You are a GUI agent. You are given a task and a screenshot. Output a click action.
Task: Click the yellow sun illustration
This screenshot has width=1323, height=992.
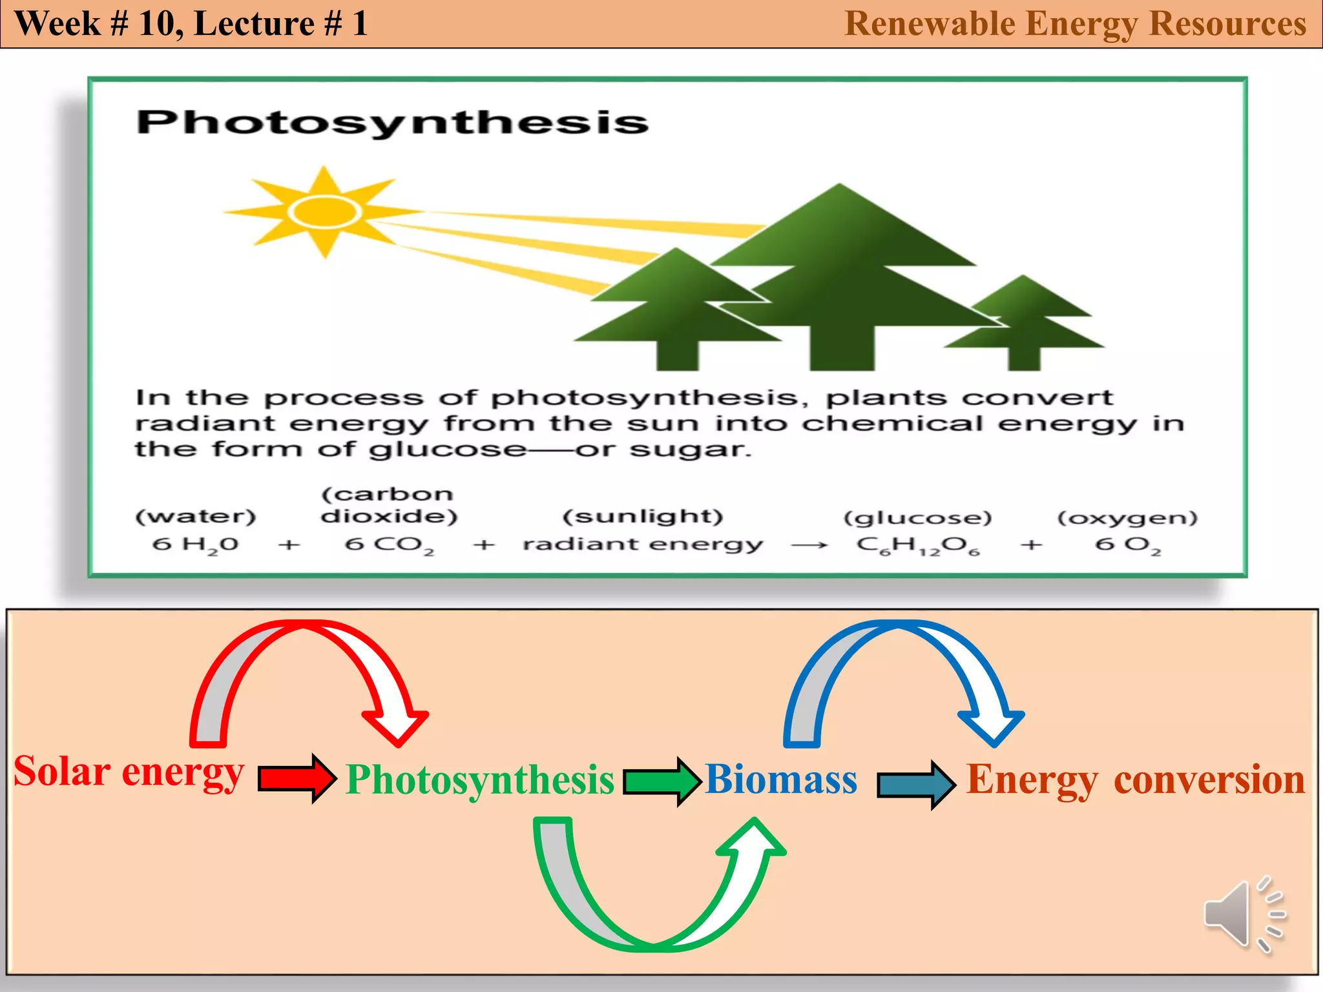pyautogui.click(x=323, y=212)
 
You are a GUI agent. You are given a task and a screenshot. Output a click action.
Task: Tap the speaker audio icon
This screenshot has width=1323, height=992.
pyautogui.click(x=1244, y=914)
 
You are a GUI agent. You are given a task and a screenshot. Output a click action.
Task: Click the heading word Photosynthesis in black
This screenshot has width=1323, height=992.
pyautogui.click(x=392, y=122)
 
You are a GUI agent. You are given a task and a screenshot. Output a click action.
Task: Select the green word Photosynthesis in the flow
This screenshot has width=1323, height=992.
pyautogui.click(x=479, y=780)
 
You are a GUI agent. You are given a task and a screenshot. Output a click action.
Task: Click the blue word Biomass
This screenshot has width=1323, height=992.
pyautogui.click(x=781, y=779)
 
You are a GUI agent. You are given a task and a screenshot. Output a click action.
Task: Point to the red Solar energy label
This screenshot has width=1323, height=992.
pyautogui.click(x=129, y=772)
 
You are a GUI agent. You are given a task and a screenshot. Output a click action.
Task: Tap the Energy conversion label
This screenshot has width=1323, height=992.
pyautogui.click(x=1135, y=780)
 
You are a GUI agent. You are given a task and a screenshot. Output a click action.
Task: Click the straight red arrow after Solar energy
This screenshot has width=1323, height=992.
pyautogui.click(x=297, y=778)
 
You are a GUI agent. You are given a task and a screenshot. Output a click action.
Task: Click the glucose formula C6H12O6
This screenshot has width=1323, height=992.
pyautogui.click(x=918, y=546)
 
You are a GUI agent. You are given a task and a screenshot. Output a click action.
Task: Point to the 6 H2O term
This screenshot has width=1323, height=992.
pyautogui.click(x=195, y=544)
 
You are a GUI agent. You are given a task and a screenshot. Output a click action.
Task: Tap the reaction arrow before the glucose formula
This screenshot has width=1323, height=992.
pyautogui.click(x=809, y=546)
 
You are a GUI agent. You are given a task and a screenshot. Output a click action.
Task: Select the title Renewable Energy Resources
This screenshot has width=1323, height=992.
pyautogui.click(x=1075, y=24)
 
